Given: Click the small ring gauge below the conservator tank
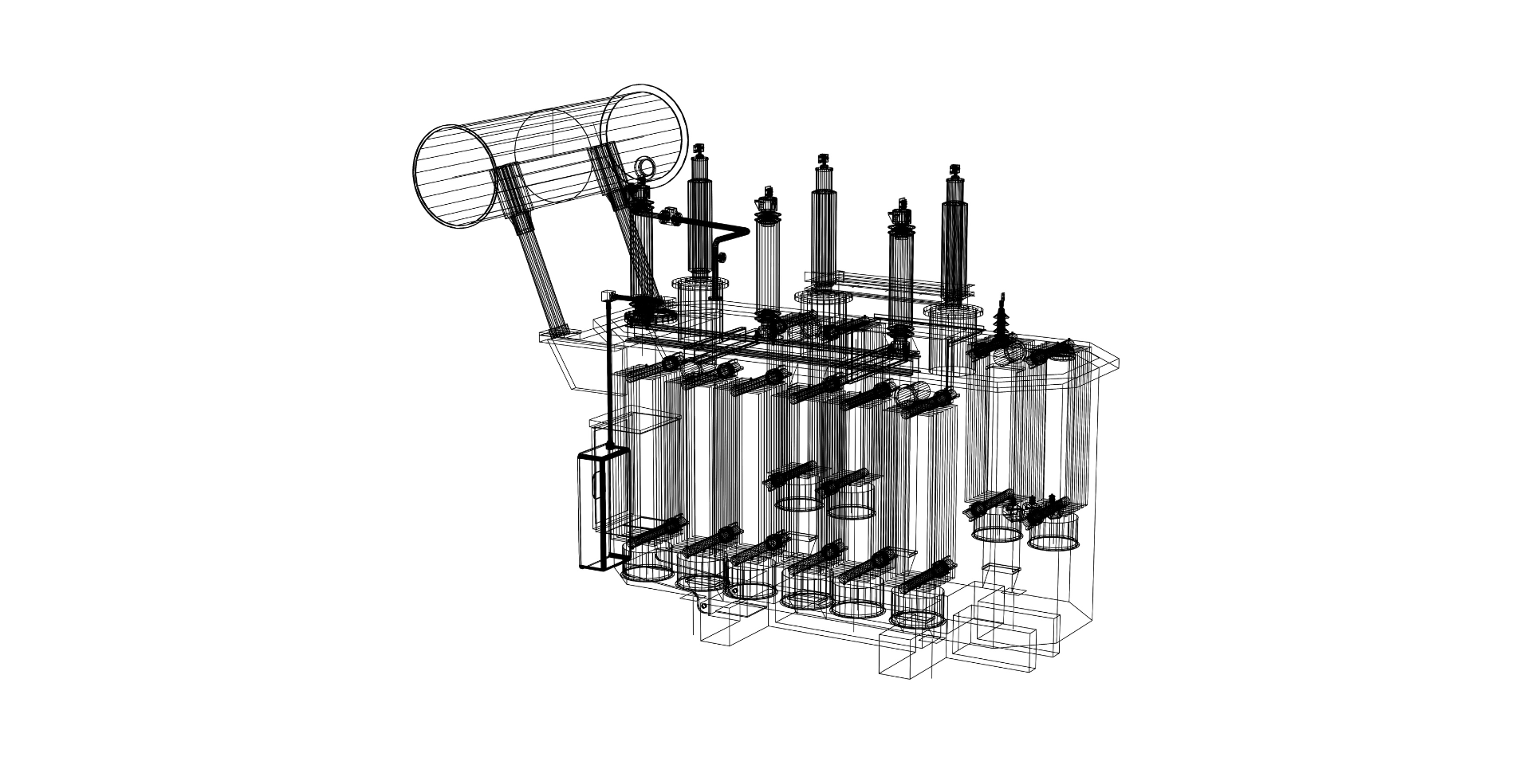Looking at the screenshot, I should [643, 167].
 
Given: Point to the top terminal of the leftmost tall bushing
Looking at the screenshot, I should [700, 151].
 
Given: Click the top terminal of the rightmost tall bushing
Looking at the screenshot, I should [954, 173].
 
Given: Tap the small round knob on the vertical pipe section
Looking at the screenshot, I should [722, 257].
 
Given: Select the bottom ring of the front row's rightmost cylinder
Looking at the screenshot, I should [917, 618].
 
